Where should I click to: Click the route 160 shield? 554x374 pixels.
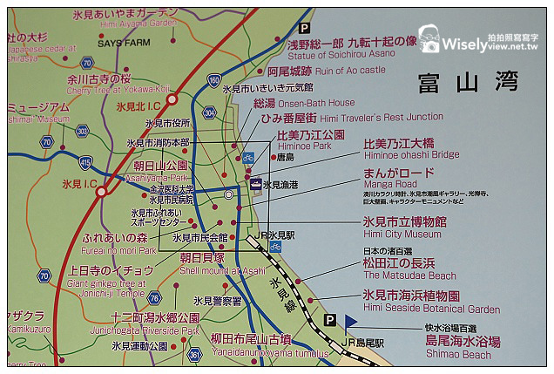(214, 80)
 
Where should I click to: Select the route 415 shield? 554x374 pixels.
(84, 162)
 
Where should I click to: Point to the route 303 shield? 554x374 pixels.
(82, 131)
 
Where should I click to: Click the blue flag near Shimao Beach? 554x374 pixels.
(350, 322)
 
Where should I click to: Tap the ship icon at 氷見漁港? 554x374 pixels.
(255, 184)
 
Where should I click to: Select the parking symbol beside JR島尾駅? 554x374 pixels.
(329, 321)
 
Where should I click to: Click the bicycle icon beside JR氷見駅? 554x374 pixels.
(275, 247)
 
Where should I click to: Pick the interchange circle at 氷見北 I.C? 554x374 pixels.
(172, 99)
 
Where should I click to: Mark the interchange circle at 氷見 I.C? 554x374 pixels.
(102, 191)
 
